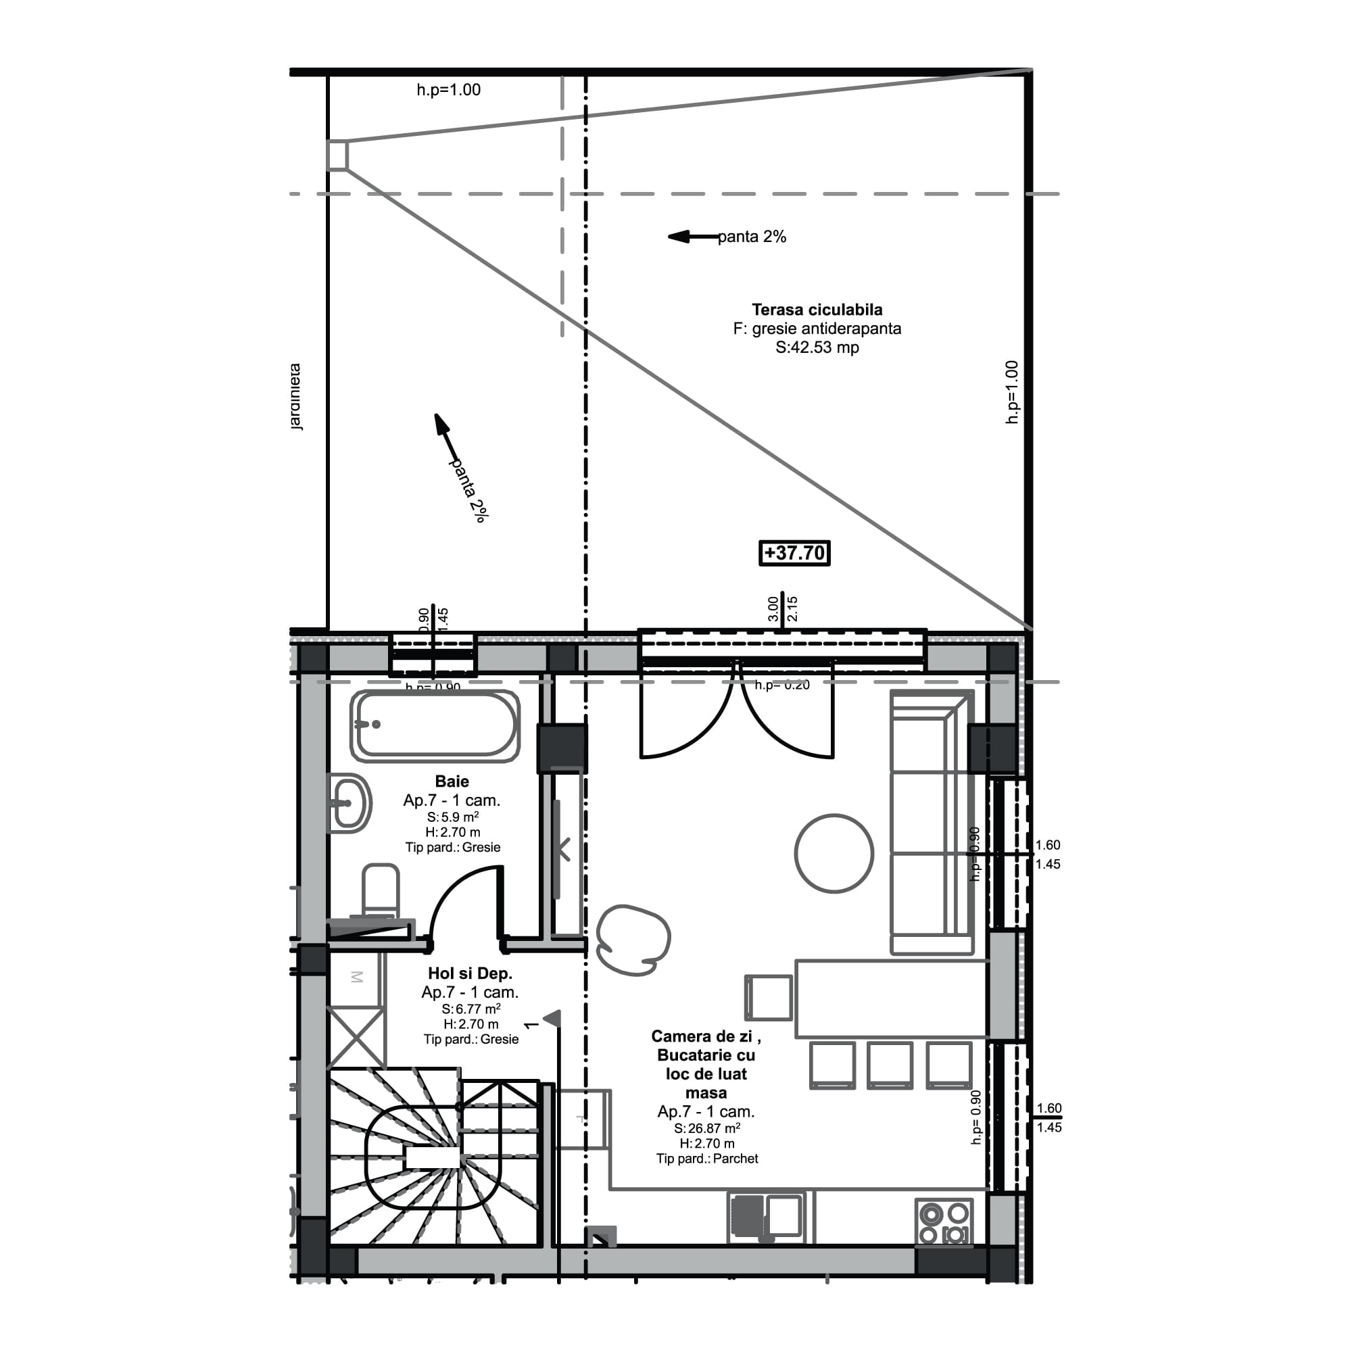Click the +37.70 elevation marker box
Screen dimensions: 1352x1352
click(x=794, y=553)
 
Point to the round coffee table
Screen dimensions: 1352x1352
click(x=834, y=853)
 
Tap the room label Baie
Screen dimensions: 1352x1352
click(x=452, y=781)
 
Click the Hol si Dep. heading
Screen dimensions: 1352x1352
click(x=470, y=973)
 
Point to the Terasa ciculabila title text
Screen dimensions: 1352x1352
click(x=817, y=310)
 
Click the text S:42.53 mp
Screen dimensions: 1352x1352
click(x=817, y=347)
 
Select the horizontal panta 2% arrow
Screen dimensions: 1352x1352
click(x=694, y=237)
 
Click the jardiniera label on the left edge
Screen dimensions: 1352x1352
click(x=295, y=396)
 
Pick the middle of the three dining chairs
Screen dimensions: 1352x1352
click(x=890, y=1065)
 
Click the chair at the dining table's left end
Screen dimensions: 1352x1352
click(x=769, y=998)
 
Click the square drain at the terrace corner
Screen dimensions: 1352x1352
click(x=337, y=155)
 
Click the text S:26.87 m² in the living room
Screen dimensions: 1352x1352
click(x=707, y=1128)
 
